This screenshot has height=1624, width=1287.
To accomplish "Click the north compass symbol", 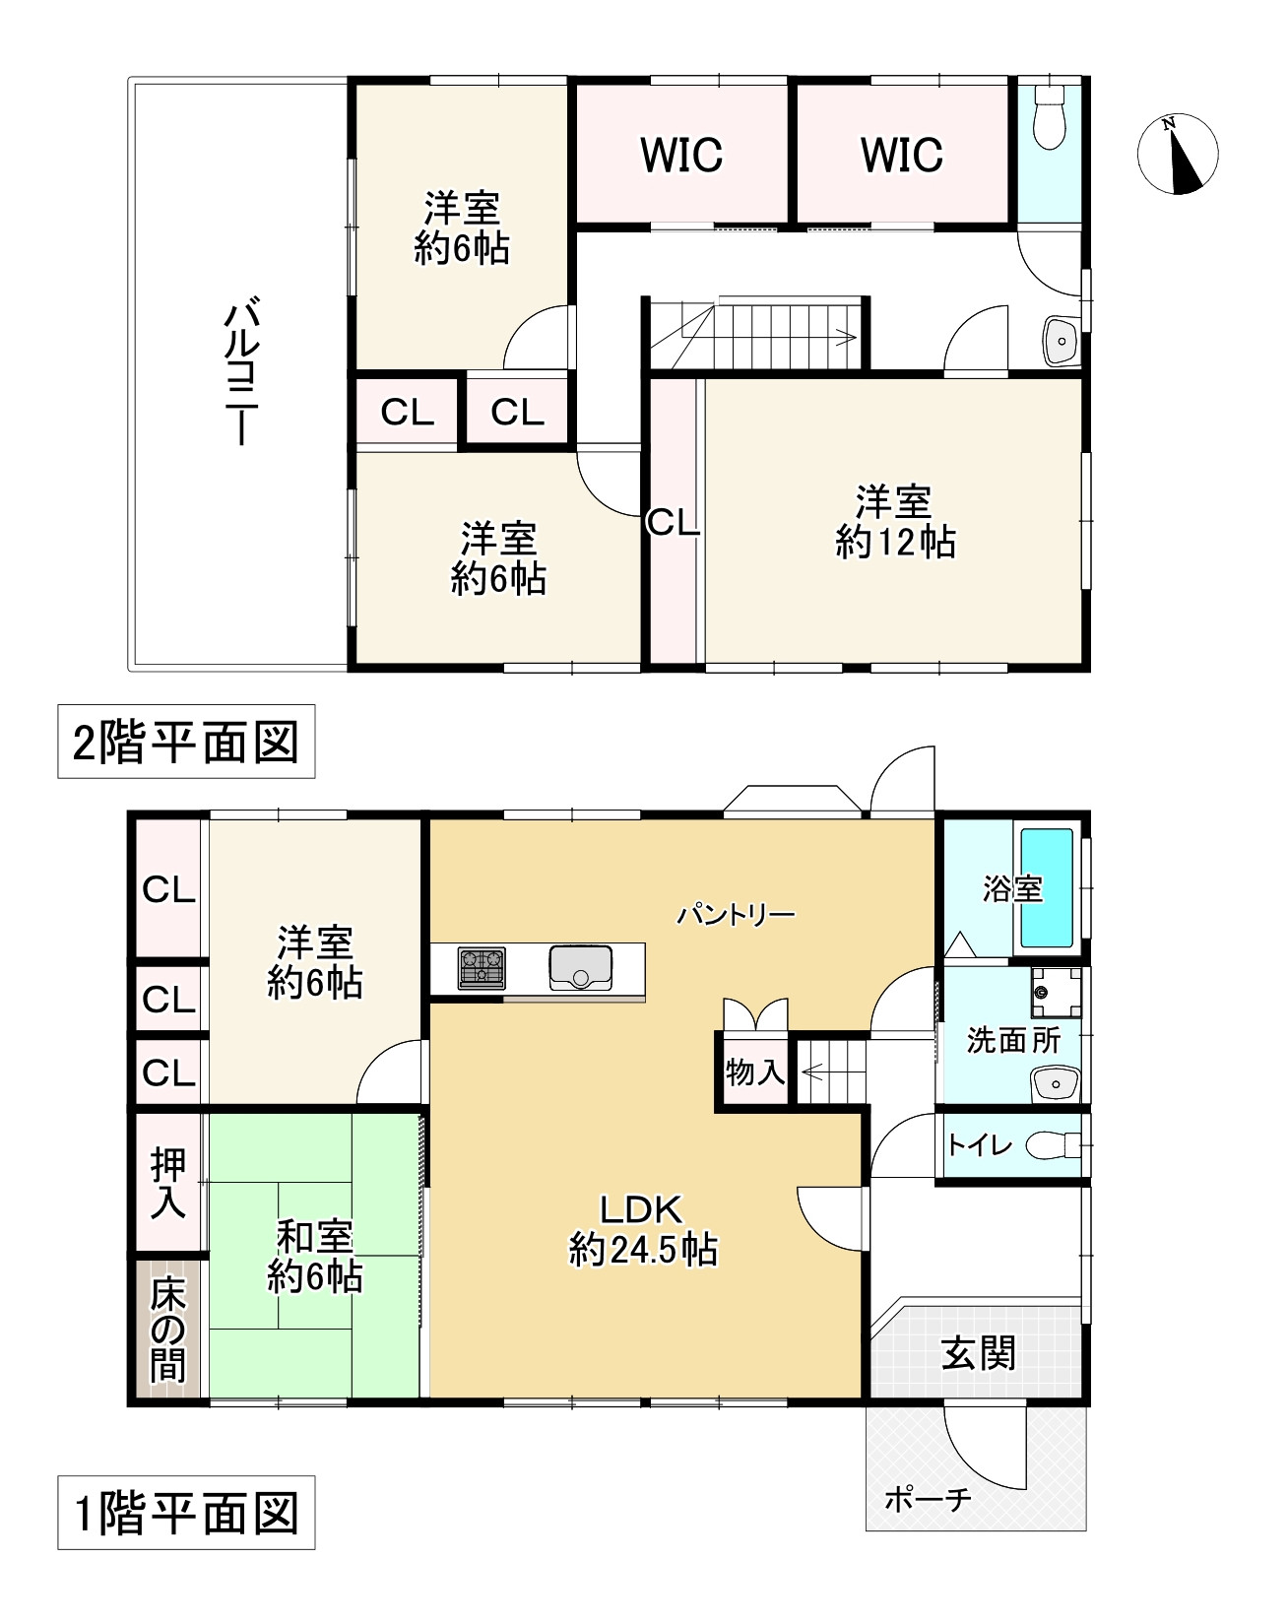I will [1178, 155].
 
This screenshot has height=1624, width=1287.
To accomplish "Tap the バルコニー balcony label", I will [239, 374].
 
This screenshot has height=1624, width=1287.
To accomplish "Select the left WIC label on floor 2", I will [681, 155].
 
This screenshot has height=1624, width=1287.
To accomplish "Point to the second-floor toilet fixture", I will [1050, 115].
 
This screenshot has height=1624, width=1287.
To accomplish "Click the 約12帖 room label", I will [894, 523].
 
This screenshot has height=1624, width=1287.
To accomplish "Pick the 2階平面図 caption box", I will [186, 742].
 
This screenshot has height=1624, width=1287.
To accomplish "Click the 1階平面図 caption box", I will [186, 1513].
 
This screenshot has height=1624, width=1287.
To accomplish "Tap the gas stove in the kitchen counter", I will [482, 968].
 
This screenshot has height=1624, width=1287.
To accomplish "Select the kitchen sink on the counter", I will [581, 967].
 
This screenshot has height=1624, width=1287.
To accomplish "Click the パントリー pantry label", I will [736, 915].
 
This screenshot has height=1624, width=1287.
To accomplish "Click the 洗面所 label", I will [1013, 1040].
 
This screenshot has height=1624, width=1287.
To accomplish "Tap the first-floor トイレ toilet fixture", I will [1051, 1145].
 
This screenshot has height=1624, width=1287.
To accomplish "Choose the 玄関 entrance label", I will [978, 1353].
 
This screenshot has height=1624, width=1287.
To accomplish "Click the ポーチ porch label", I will [928, 1499].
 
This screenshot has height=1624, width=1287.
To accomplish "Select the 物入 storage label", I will [755, 1072].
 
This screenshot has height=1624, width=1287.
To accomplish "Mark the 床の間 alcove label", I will [167, 1330].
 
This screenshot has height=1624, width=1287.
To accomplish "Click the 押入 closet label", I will [167, 1184].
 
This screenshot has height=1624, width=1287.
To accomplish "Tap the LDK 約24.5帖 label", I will [642, 1229].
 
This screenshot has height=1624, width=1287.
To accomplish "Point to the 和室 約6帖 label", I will [315, 1257].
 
